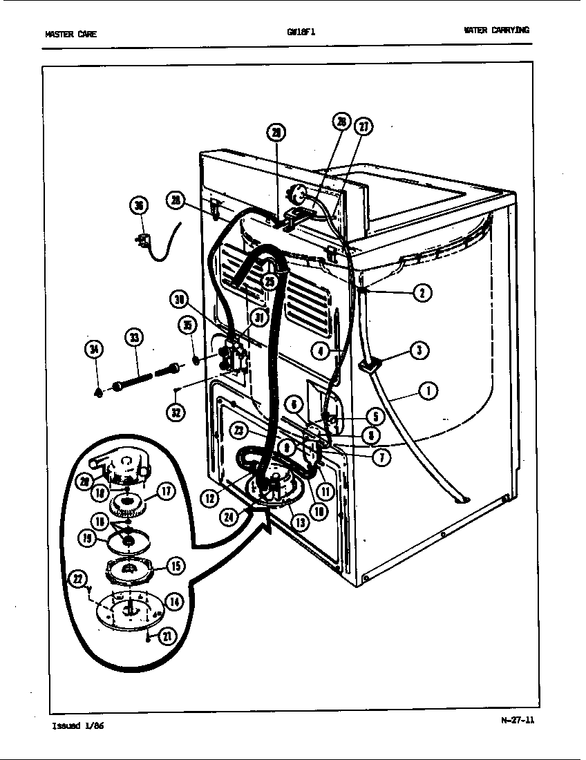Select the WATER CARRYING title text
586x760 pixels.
pos(498,30)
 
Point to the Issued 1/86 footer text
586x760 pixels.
pos(79,726)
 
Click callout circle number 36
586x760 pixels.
pos(139,206)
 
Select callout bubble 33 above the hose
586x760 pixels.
pos(135,339)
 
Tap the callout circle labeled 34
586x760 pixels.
pos(95,350)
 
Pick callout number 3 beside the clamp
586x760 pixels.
pos(419,350)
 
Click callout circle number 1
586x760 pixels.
pos(428,392)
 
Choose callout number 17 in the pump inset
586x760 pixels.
pos(167,493)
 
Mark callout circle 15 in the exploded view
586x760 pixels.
pos(176,566)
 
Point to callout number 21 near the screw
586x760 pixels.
pos(167,636)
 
